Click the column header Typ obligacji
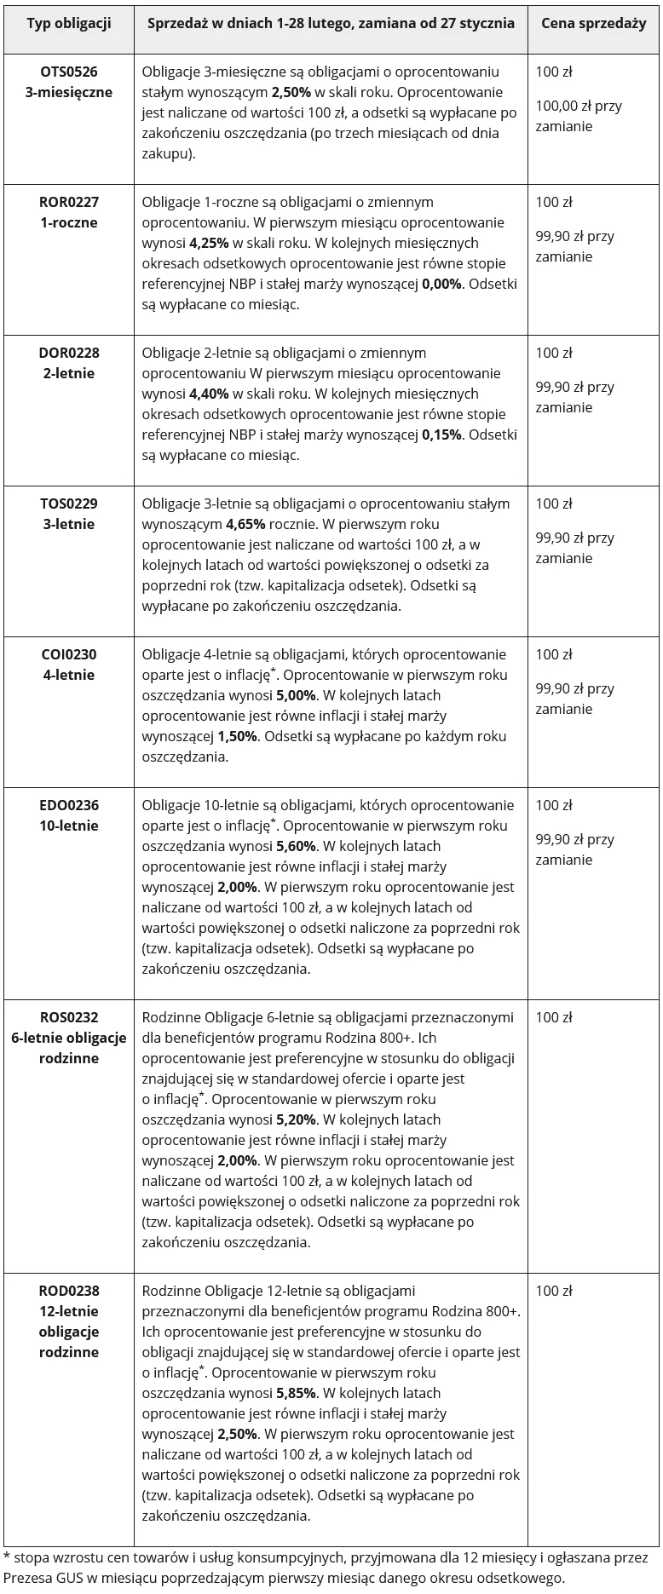[68, 23]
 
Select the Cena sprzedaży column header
[593, 23]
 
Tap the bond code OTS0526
[68, 72]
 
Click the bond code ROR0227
[68, 202]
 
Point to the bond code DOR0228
[68, 353]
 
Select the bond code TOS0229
[68, 504]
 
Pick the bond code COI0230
[68, 654]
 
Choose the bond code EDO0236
[68, 805]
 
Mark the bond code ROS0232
[68, 1017]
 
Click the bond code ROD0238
[68, 1291]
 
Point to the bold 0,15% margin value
[442, 434]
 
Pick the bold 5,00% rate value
[296, 695]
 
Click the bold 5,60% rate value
[296, 846]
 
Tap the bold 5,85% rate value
[296, 1393]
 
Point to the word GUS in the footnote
[70, 1578]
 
